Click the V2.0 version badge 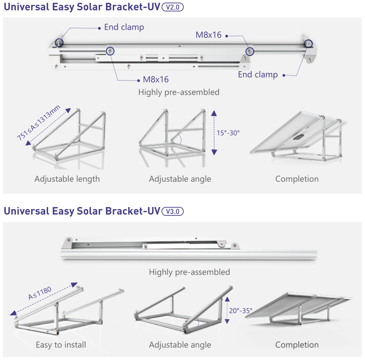point(173,7)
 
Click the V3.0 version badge point(173,211)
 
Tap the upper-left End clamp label point(124,27)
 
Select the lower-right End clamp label point(258,75)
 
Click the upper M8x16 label point(208,35)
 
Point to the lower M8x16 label point(156,79)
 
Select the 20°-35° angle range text point(241,311)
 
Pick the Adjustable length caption point(67,179)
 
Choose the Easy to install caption point(61,345)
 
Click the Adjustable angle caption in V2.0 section point(180,179)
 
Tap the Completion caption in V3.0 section point(297,345)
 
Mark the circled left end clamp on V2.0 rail point(59,43)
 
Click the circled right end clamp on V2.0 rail point(308,43)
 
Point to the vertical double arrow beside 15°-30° point(214,132)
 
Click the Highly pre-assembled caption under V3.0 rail point(189,272)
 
